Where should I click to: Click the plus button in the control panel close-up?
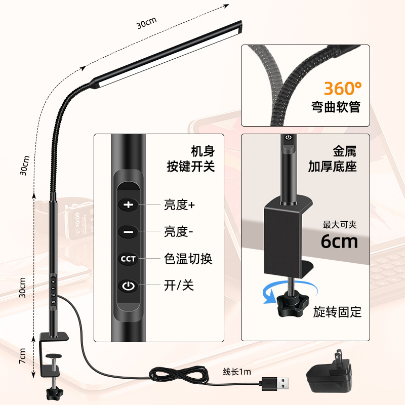point(129,205)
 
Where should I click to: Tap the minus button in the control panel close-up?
point(129,232)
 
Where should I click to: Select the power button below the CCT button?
point(129,287)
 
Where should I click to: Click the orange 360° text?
point(343,89)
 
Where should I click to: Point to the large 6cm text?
point(339,241)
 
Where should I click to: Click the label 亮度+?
point(179,205)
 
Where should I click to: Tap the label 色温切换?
point(188,259)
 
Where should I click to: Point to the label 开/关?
point(179,286)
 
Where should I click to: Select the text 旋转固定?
point(337,312)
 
